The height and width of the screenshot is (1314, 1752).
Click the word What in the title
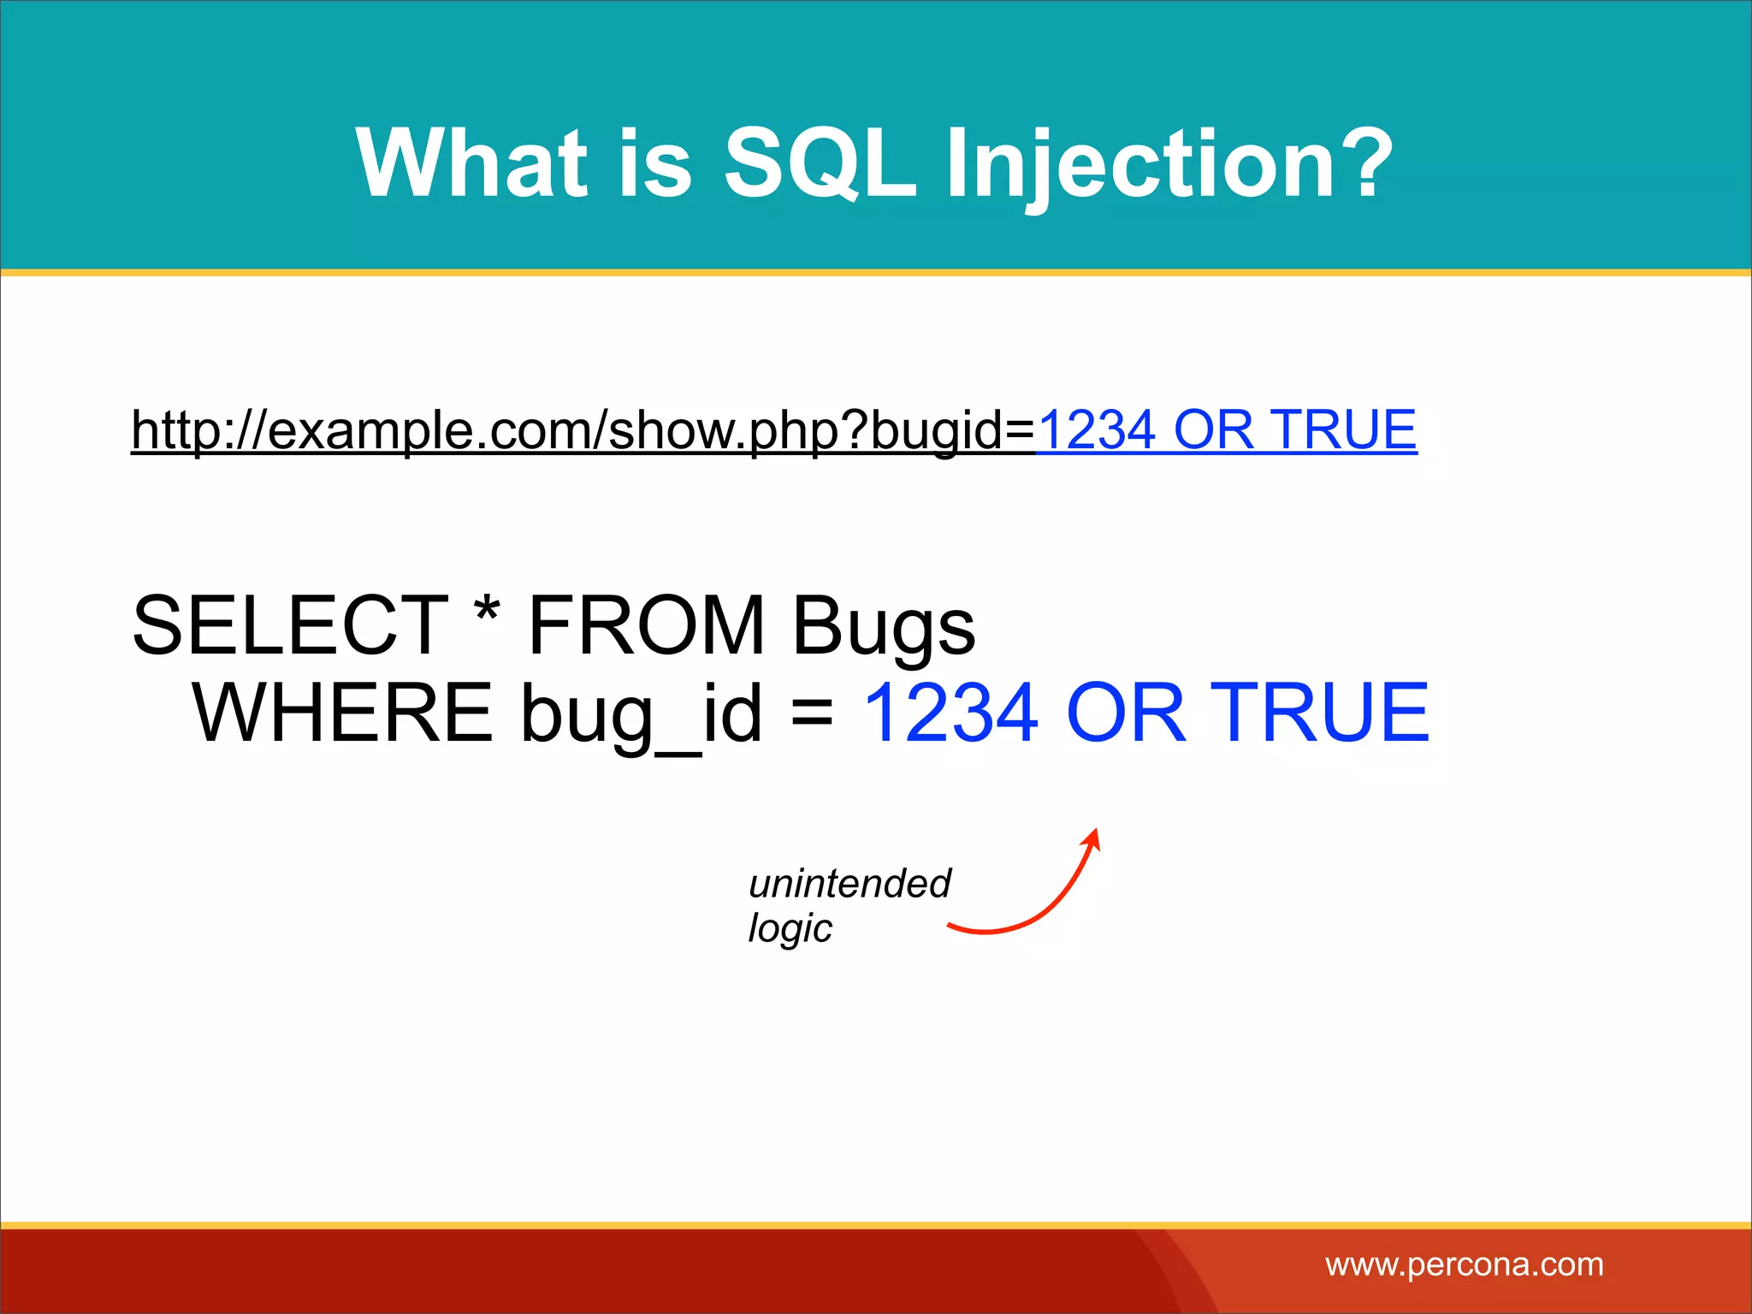471,163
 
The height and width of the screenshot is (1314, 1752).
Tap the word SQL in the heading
820,163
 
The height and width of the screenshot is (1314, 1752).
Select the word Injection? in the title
1169,163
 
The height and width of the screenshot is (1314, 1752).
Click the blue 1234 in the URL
1097,429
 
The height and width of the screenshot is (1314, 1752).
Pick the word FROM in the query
646,626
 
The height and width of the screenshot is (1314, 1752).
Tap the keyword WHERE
342,713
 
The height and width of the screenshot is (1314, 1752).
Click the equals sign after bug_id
812,712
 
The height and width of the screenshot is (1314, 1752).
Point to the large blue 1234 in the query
951,713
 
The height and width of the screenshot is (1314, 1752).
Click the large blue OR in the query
1127,713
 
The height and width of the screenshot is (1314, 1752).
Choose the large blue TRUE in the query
1324,713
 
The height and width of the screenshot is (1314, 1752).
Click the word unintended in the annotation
849,884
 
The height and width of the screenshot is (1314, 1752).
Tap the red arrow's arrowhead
1092,838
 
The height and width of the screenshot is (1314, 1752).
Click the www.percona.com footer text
1464,1264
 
